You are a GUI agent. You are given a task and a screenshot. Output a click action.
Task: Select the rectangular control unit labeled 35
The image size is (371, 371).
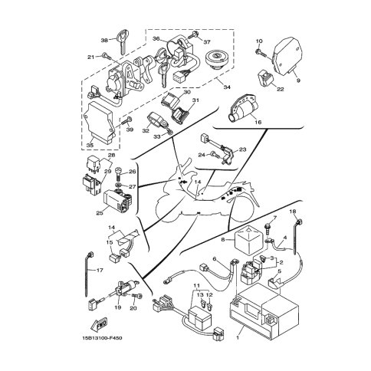point(102,121)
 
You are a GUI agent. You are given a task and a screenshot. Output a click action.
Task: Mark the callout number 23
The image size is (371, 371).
point(243,149)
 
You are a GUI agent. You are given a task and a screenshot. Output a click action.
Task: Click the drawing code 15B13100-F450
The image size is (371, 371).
point(102,340)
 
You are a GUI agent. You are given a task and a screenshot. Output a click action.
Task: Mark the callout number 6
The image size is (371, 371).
point(215,258)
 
